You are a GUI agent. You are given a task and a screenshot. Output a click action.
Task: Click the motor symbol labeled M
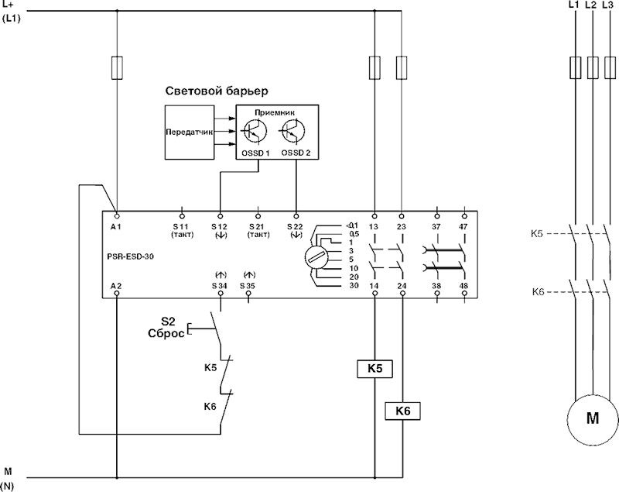592,418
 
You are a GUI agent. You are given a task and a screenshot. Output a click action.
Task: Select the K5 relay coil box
374,370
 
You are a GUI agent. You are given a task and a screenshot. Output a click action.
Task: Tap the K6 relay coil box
402,410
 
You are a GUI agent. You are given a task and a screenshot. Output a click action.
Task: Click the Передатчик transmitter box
188,132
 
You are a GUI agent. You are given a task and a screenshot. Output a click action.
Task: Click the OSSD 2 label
296,153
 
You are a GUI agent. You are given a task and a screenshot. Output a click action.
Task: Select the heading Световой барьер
216,92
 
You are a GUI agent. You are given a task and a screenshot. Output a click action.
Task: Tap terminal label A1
116,225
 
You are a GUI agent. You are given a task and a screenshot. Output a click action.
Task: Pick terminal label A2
116,286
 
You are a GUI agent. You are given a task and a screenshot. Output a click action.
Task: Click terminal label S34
219,286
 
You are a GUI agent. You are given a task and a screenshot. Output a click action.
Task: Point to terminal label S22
296,225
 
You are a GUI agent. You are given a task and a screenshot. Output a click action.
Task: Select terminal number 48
463,286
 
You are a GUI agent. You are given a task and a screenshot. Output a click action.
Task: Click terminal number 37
437,225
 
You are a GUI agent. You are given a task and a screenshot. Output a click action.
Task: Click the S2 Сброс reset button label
165,326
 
